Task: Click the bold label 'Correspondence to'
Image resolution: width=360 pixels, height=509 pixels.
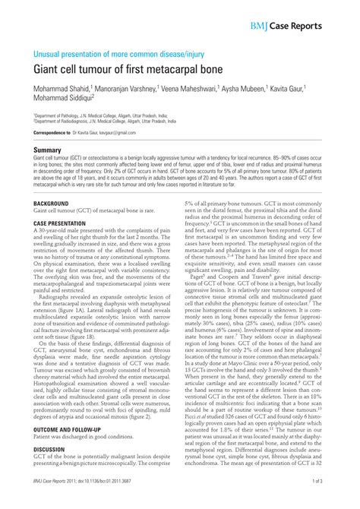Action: [x=55, y=133]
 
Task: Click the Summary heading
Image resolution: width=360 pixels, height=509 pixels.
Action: [x=47, y=150]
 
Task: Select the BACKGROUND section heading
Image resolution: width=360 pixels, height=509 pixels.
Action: [x=52, y=205]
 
